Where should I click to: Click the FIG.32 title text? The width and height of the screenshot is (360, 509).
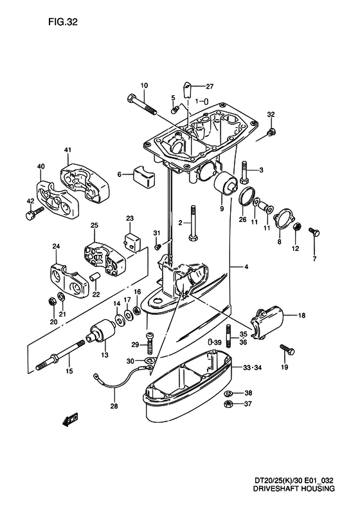pos(63,22)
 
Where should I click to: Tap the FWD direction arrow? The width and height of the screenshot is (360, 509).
pos(69,421)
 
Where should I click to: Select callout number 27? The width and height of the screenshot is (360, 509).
pos(210,86)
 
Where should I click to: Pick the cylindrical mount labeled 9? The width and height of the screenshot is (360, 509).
pos(226,184)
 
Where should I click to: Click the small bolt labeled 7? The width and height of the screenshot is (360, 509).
pos(314,232)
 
